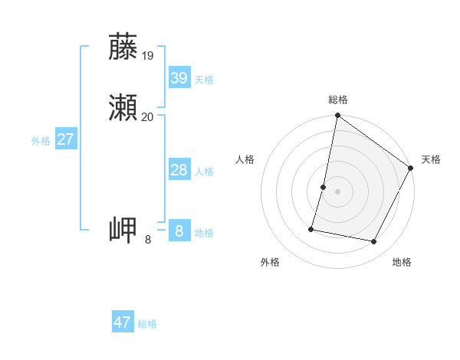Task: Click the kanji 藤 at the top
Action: (x=123, y=47)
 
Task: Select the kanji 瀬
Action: (x=123, y=108)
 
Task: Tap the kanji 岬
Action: (x=123, y=230)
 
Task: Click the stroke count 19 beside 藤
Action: (x=148, y=56)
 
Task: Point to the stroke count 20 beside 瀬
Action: (x=148, y=117)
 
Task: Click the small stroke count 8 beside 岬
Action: (x=148, y=240)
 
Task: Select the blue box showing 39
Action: (x=179, y=78)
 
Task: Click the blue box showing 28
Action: (x=179, y=170)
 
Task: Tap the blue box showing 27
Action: (x=65, y=139)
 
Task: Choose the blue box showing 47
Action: (x=123, y=322)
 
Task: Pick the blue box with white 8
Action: (x=179, y=231)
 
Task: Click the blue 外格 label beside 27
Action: (x=41, y=141)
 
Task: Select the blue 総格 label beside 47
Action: (x=147, y=324)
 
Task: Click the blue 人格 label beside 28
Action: (x=204, y=172)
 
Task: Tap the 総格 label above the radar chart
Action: (x=337, y=100)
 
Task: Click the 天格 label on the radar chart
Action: (x=431, y=159)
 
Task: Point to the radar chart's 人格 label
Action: (x=245, y=159)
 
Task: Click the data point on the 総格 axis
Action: (x=337, y=116)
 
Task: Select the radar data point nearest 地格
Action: (x=374, y=242)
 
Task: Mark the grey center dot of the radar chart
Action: (x=337, y=191)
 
